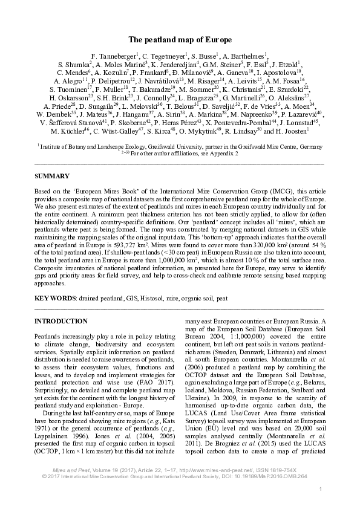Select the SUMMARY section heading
tap(51, 176)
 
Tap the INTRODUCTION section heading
tap(61, 321)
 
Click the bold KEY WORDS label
tap(55, 299)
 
